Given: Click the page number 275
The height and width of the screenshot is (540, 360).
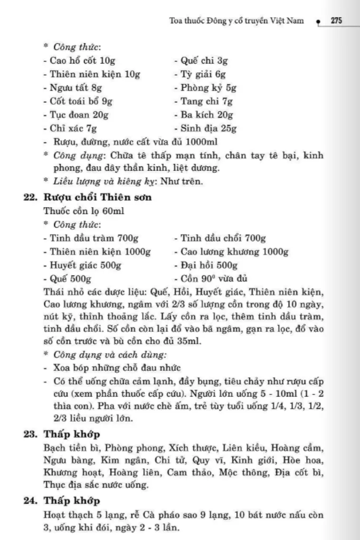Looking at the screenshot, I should pos(337,21).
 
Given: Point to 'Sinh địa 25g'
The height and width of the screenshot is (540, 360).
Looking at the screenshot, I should pos(205,128).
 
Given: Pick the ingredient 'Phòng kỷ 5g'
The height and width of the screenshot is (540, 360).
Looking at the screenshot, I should pos(205,87).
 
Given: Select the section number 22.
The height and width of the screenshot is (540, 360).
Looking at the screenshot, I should pos(30,197).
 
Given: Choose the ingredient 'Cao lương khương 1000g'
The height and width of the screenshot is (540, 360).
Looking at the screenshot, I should pos(231,251).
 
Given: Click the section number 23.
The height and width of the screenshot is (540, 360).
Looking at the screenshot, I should pos(30,434).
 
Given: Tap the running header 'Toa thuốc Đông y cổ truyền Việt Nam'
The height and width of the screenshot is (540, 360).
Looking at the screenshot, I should pos(236,21).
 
